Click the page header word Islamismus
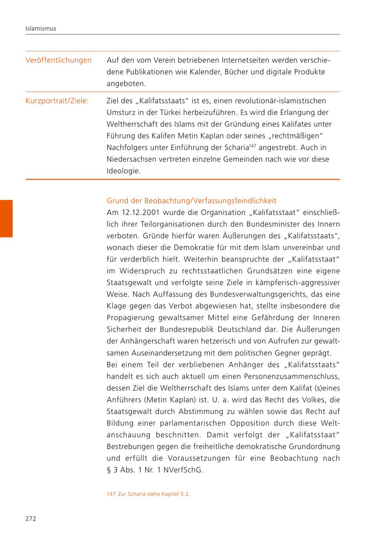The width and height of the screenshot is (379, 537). [41, 29]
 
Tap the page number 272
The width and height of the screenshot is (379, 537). [31, 518]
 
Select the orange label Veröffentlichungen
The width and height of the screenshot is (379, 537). [59, 60]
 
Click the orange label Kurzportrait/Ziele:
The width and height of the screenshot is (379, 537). [57, 101]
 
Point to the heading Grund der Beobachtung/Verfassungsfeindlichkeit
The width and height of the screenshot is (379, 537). [192, 201]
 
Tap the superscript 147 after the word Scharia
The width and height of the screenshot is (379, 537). [252, 146]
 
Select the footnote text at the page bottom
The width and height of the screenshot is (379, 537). [149, 494]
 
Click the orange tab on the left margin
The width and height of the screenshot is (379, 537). [6, 218]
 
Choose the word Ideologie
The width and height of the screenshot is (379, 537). [123, 171]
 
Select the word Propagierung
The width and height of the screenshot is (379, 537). [131, 318]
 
